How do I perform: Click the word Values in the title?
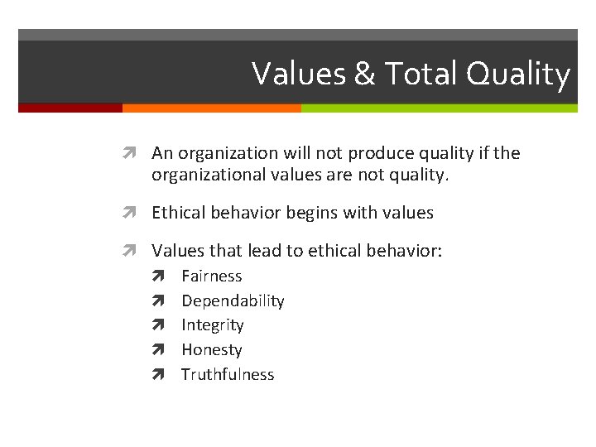point(299,74)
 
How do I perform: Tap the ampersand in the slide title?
point(364,74)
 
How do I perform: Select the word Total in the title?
point(420,74)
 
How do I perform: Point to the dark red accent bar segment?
point(70,108)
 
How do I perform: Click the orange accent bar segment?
point(211,108)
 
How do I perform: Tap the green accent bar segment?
point(439,108)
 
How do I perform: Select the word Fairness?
point(212,276)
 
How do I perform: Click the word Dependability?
point(233,301)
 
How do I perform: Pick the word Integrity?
point(213,325)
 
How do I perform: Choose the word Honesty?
point(212,350)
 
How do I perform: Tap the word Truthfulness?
point(228,374)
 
